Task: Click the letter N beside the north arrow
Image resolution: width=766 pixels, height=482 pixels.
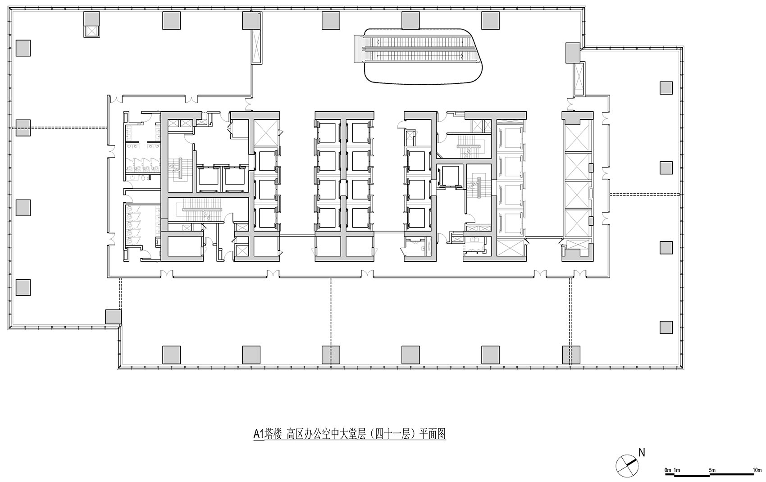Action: [642, 452]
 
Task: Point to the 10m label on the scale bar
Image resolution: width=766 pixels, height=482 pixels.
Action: [757, 470]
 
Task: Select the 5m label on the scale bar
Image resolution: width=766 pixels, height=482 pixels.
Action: [712, 470]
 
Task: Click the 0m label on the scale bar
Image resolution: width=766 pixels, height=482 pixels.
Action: [668, 470]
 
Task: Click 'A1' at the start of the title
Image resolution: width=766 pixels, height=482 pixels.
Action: [258, 434]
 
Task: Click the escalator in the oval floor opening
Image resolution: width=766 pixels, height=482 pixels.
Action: [419, 49]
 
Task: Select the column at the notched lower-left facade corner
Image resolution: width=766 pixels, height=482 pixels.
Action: [113, 316]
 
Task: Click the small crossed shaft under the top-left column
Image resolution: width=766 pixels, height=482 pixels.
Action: [92, 31]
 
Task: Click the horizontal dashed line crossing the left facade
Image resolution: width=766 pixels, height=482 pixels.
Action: [59, 128]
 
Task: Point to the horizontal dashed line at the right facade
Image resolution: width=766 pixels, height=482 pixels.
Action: [644, 195]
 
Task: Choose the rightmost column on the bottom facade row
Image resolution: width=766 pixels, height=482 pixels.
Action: [570, 355]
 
